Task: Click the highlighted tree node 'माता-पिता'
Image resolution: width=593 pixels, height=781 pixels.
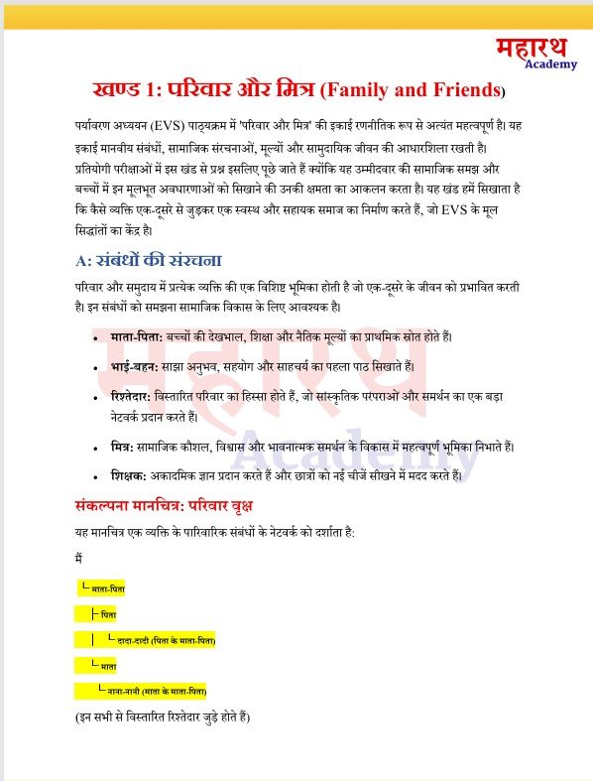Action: tap(107, 589)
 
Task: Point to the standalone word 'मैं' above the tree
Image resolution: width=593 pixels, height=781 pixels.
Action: tap(78, 559)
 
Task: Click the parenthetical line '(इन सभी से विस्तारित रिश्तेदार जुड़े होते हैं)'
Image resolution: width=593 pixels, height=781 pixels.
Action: tap(164, 716)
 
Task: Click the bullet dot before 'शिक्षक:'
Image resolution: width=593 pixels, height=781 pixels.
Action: tap(94, 477)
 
